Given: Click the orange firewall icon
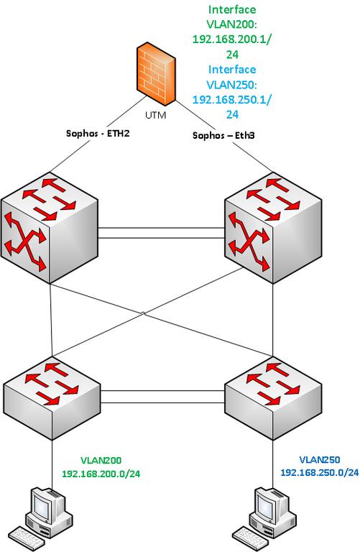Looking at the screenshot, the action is tap(155, 73).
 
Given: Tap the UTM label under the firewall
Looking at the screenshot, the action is tap(155, 115).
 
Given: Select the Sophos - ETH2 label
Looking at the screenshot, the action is tap(98, 133).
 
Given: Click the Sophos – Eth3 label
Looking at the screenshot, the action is tap(223, 135).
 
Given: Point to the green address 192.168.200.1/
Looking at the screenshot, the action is tap(232, 39).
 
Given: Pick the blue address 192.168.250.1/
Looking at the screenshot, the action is tap(232, 100).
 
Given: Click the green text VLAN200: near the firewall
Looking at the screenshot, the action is tap(232, 24).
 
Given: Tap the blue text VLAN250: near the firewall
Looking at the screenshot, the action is tap(232, 85).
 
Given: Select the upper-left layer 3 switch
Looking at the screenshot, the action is tap(50, 228).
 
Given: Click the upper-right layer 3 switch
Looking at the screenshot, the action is tap(273, 228).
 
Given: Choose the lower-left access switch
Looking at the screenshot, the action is tap(52, 398).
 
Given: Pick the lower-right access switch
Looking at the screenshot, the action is tap(273, 398).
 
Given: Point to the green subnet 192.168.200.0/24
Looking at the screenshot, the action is tap(101, 474).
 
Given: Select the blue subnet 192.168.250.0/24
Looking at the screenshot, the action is tap(320, 472).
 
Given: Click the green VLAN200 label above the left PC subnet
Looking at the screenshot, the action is tap(101, 460).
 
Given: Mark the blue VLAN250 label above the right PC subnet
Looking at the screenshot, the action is tap(320, 459).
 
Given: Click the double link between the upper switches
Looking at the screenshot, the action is tap(161, 233).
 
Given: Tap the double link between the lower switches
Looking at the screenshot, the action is tap(162, 397).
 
